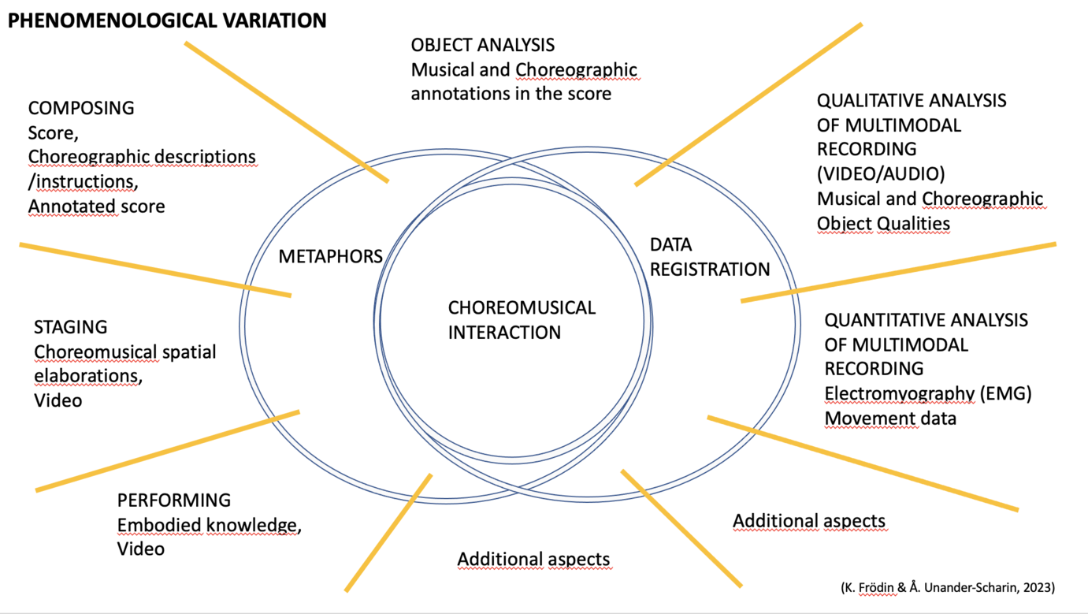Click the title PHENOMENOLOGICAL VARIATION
[167, 20]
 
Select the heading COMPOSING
[81, 108]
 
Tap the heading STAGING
[70, 327]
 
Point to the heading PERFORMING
[174, 501]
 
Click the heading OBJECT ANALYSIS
[483, 46]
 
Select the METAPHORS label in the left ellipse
[330, 256]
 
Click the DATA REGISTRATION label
[709, 257]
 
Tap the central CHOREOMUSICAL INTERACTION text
[522, 320]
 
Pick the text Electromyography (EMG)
[927, 393]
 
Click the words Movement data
[890, 418]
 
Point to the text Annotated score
[96, 207]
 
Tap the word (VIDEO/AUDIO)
[880, 173]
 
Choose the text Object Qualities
[883, 224]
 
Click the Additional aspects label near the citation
[809, 521]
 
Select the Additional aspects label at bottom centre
[533, 560]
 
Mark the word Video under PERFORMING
[141, 549]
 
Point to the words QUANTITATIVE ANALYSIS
[926, 321]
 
